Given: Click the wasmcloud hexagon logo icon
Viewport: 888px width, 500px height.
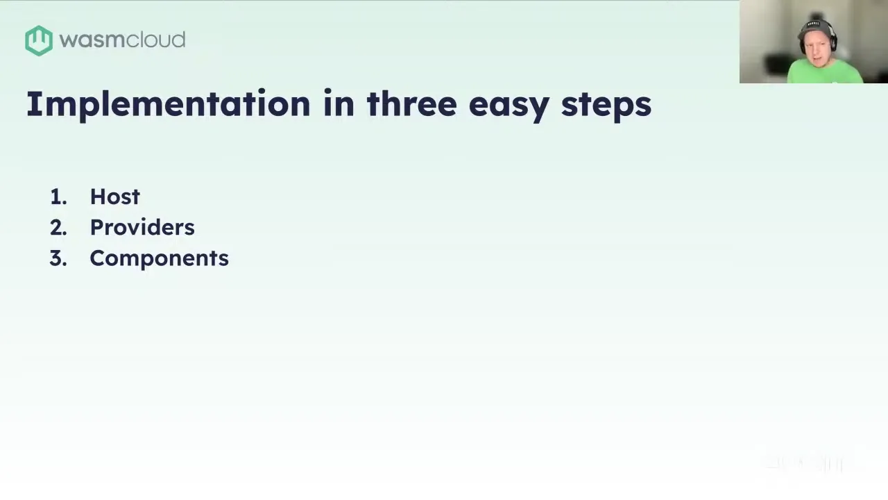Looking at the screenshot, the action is tap(39, 40).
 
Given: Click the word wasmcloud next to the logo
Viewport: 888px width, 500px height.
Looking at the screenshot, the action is tap(122, 40).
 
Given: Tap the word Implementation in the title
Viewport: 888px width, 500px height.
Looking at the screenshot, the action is tap(168, 104).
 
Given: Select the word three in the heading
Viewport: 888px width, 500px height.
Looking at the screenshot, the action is tap(411, 103).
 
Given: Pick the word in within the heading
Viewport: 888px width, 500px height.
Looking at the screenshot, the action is tap(339, 103).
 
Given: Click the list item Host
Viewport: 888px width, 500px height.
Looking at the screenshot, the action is tap(115, 197).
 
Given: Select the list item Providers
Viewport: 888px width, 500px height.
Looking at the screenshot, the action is tap(142, 227).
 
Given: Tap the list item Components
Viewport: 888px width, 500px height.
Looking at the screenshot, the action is tap(160, 259).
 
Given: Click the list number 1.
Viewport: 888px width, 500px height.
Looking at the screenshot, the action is tap(58, 197).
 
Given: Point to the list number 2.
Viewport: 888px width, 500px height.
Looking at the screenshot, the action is tap(58, 228).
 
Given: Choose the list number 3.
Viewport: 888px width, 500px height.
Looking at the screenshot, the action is tap(58, 258).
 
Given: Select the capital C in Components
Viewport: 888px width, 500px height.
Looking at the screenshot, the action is tap(99, 258).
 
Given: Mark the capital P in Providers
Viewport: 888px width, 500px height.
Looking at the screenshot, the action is tap(97, 227).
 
